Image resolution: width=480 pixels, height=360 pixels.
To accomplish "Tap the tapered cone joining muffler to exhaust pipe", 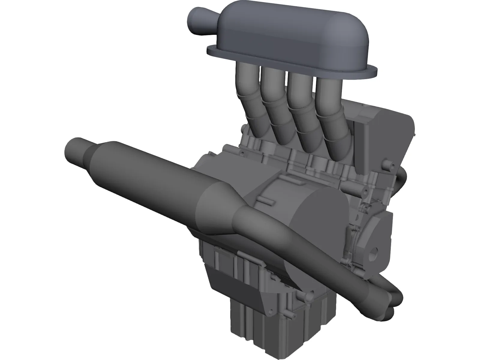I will click(219, 207).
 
